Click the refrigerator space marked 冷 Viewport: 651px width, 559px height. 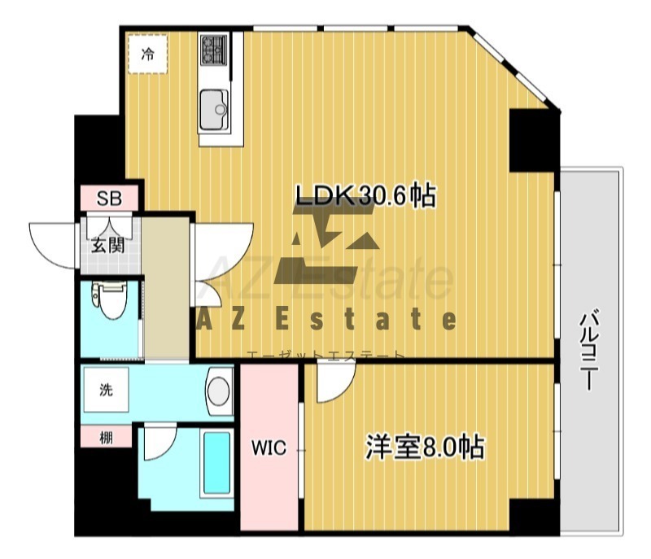tap(147, 55)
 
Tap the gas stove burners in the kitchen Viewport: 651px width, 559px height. tap(214, 50)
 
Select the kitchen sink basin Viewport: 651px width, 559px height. tap(214, 110)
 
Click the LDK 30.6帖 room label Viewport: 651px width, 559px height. tap(365, 196)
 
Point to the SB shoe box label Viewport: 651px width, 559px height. tap(109, 199)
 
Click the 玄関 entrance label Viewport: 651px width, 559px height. tap(108, 246)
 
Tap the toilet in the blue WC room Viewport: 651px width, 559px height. tap(109, 299)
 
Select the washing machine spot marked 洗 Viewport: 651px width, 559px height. tap(107, 390)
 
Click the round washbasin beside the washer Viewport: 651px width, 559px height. tap(219, 391)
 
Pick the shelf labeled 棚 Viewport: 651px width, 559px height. tap(107, 438)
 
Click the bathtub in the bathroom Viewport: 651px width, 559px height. tap(216, 463)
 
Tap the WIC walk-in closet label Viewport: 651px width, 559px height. tap(269, 448)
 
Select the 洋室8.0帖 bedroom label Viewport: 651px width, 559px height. tap(425, 447)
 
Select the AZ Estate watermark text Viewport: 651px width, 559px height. tap(326, 320)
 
